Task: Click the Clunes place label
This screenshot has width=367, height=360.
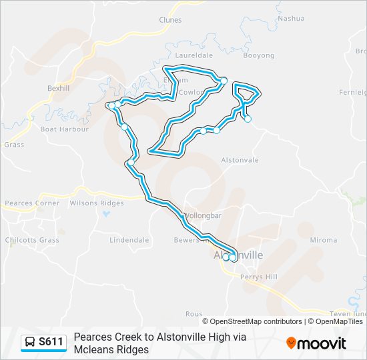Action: tap(170, 20)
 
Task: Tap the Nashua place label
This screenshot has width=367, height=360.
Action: tap(291, 18)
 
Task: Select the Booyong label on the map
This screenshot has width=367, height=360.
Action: tap(258, 55)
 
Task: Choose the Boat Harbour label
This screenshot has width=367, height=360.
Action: tap(65, 129)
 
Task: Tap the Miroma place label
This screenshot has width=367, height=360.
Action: tap(324, 240)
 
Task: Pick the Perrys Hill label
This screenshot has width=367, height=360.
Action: tap(261, 277)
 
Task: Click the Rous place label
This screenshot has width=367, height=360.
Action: tap(194, 313)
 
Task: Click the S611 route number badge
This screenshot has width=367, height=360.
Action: tap(51, 343)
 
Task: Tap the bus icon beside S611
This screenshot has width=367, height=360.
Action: tap(30, 343)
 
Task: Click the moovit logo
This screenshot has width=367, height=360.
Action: tap(316, 343)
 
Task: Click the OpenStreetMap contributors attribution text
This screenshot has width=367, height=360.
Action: tap(256, 321)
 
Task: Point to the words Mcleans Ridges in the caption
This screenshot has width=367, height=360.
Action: tap(111, 349)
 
